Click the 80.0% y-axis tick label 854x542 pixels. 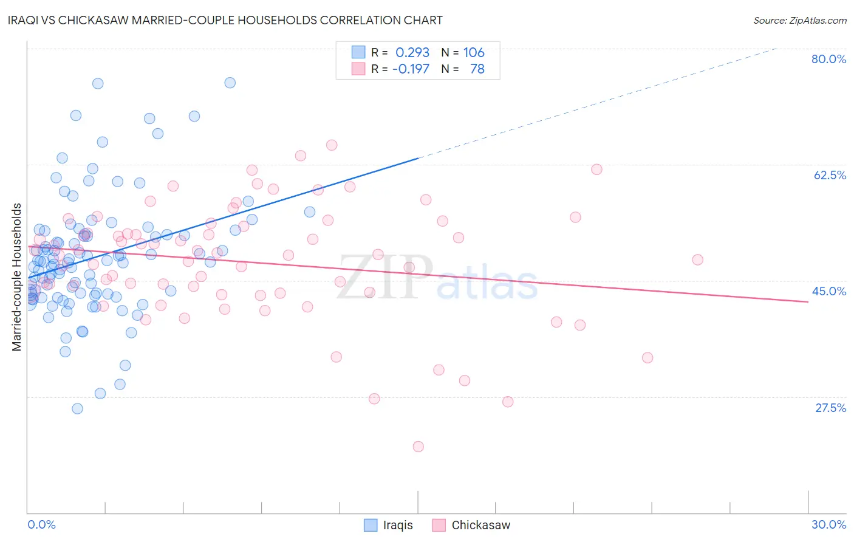[x=828, y=59]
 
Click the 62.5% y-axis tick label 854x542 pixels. [x=829, y=175]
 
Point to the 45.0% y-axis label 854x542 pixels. [x=829, y=291]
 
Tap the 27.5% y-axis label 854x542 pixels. [x=830, y=408]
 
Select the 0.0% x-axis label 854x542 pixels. [x=41, y=524]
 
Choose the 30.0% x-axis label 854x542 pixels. [x=828, y=524]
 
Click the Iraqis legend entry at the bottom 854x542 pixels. [x=397, y=525]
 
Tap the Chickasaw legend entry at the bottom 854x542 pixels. [x=480, y=525]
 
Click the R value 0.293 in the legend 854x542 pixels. [x=412, y=53]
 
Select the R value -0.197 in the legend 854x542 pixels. [x=411, y=69]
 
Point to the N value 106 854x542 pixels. [x=474, y=53]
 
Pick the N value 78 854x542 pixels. [x=477, y=69]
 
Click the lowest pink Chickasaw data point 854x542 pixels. [x=418, y=447]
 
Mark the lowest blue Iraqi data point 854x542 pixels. [x=77, y=408]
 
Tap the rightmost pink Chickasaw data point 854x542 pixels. [x=697, y=260]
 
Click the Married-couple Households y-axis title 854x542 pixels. [x=17, y=277]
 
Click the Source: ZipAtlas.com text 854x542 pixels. [x=799, y=21]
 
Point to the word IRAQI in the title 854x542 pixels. [x=26, y=20]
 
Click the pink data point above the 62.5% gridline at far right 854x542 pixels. [x=596, y=170]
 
